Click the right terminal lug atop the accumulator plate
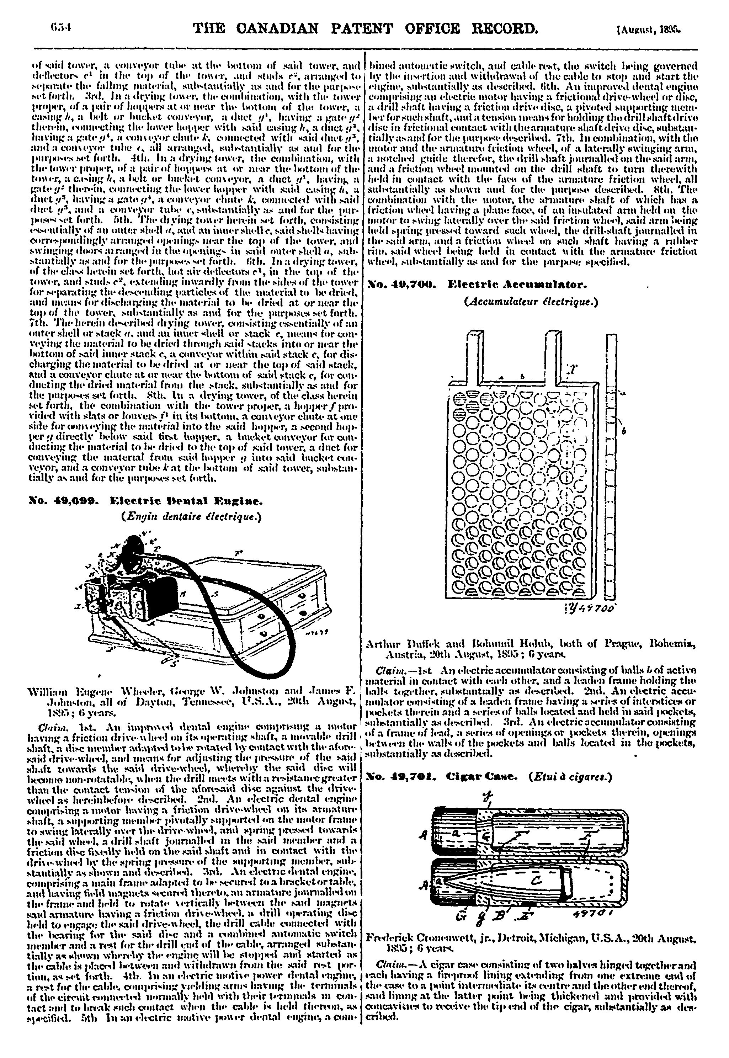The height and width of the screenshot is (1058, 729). click(x=552, y=357)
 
